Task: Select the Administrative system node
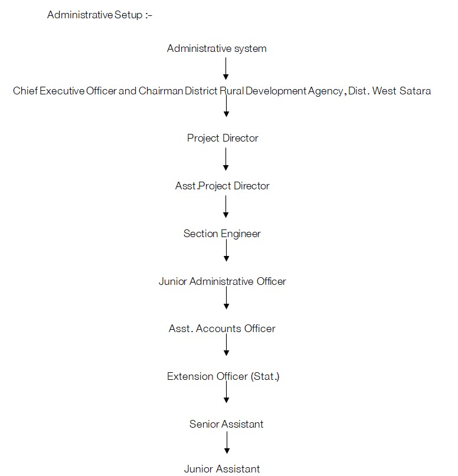click(217, 48)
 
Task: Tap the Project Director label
click(223, 138)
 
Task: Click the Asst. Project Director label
click(222, 186)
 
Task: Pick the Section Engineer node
click(221, 234)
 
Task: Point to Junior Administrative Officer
click(222, 281)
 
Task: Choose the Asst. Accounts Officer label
click(222, 329)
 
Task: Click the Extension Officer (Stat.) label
click(223, 376)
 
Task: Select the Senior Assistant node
click(226, 424)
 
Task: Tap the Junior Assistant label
click(221, 470)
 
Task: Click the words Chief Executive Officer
click(65, 91)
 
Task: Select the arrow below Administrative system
click(225, 69)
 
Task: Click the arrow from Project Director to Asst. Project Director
click(225, 160)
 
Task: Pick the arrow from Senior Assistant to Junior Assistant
click(227, 444)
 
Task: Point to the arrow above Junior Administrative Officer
click(225, 251)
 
